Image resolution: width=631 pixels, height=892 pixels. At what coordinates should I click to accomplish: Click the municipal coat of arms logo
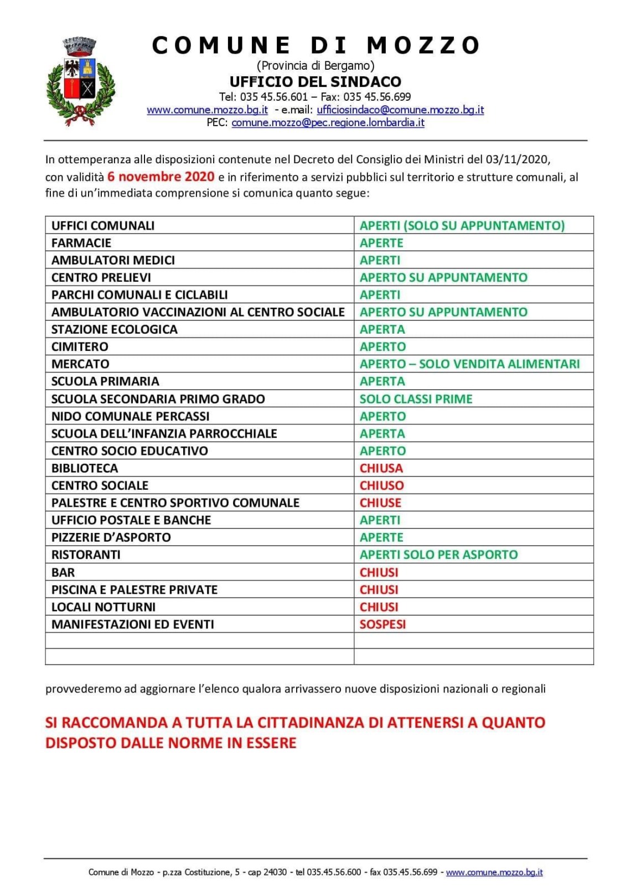pos(81,81)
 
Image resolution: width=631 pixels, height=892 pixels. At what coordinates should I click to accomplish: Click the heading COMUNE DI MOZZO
pos(316,45)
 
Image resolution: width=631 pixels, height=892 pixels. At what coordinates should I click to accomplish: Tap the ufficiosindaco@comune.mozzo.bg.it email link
pos(400,110)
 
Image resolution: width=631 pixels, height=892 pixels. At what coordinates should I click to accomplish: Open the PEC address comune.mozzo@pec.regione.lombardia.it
pos(328,122)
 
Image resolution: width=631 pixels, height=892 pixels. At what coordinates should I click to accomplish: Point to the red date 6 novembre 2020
pos(161,177)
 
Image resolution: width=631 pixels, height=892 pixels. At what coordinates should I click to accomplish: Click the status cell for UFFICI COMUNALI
pos(462,226)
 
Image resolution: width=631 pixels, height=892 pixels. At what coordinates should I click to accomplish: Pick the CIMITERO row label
pos(80,347)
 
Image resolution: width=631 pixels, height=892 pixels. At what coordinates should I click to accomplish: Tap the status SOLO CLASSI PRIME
pos(416,399)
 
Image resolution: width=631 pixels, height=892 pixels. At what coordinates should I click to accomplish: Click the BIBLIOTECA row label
pos(85,468)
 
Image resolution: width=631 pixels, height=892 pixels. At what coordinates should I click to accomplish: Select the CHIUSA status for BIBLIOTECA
pos(381,468)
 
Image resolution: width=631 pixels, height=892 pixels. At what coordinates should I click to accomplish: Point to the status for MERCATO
pos(469,364)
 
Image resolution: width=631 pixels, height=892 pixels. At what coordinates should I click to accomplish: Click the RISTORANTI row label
pos(86,554)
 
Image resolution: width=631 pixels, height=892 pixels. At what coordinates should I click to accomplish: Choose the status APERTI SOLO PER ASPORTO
pos(438,554)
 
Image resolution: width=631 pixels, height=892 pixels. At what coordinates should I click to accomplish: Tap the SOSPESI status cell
pos(382,624)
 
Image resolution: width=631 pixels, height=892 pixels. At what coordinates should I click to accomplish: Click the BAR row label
pos(63,572)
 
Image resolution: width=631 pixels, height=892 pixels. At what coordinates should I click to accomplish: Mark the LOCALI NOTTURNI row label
pos(104,607)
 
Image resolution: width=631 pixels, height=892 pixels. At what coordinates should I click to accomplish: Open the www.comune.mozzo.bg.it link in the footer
pos(494,872)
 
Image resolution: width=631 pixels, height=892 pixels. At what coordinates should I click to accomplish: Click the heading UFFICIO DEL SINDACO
pos(315,81)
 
